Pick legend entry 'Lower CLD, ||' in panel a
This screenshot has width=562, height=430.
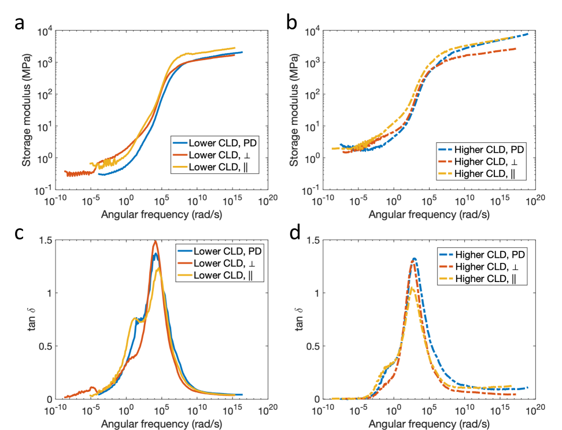[212, 168]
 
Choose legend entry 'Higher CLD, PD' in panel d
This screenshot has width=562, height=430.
[491, 254]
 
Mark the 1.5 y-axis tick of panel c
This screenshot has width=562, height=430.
[46, 240]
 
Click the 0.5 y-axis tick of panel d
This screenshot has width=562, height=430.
[316, 346]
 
